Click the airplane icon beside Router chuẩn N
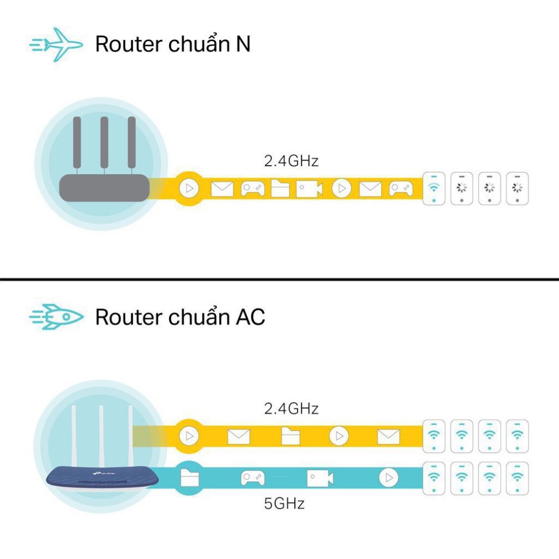56,44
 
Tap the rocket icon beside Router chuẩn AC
56,317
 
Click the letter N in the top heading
243,44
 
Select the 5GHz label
284,504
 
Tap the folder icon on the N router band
280,189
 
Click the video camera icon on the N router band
309,189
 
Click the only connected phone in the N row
434,189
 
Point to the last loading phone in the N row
517,189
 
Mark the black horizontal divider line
279,279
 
